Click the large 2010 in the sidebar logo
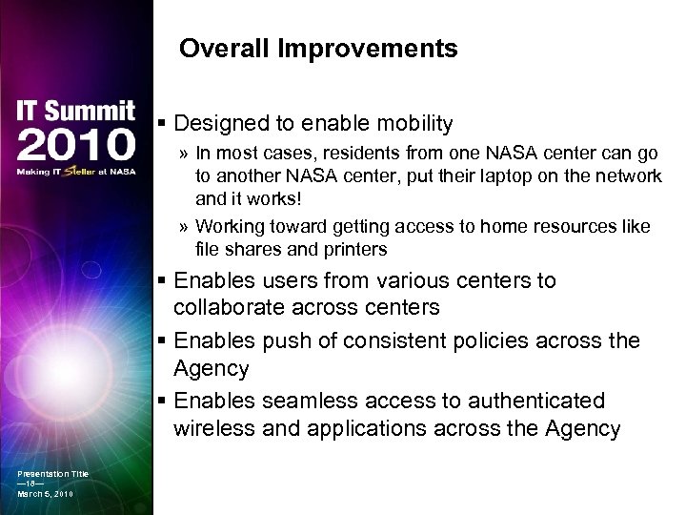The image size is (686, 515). pyautogui.click(x=75, y=144)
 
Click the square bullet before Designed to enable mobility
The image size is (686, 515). pyautogui.click(x=163, y=125)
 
